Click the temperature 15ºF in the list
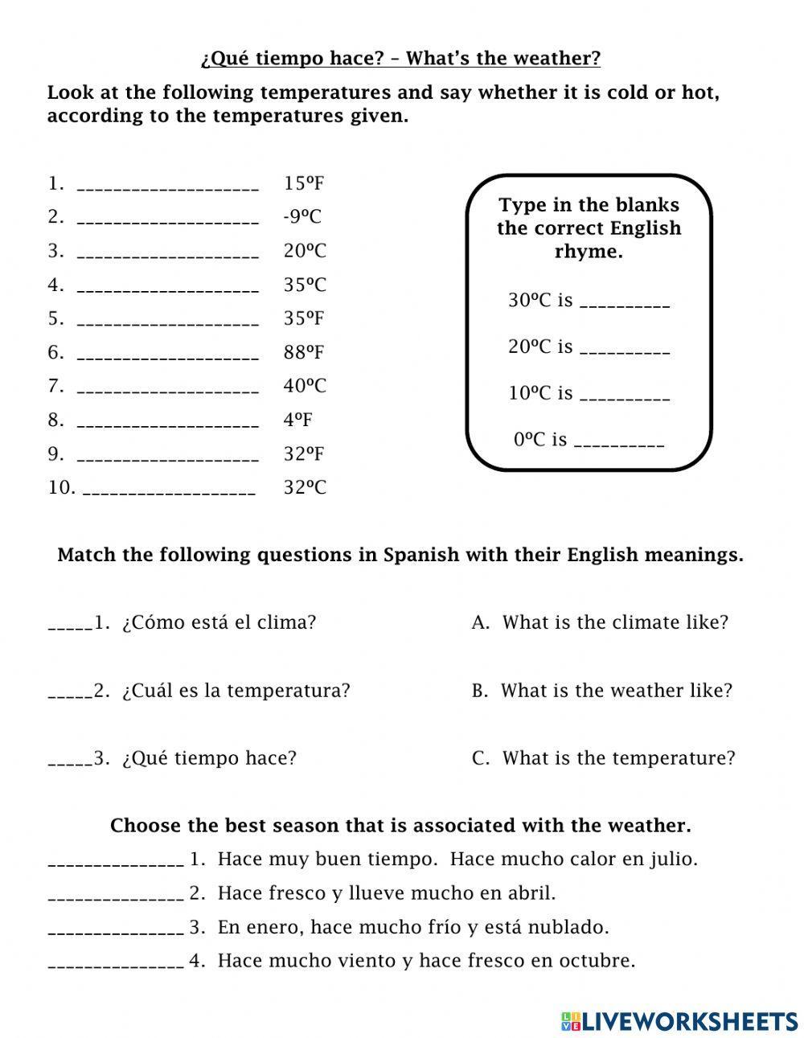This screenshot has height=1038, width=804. click(x=303, y=183)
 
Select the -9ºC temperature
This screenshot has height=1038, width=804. click(x=302, y=217)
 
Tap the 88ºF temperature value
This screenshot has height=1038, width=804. click(x=303, y=352)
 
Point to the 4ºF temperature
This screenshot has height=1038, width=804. click(x=297, y=420)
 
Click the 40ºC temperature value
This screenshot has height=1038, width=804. click(x=305, y=386)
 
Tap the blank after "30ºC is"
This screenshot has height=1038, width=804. click(x=625, y=304)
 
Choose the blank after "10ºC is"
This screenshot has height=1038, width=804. click(x=625, y=396)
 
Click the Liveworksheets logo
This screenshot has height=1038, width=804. click(x=679, y=1021)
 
